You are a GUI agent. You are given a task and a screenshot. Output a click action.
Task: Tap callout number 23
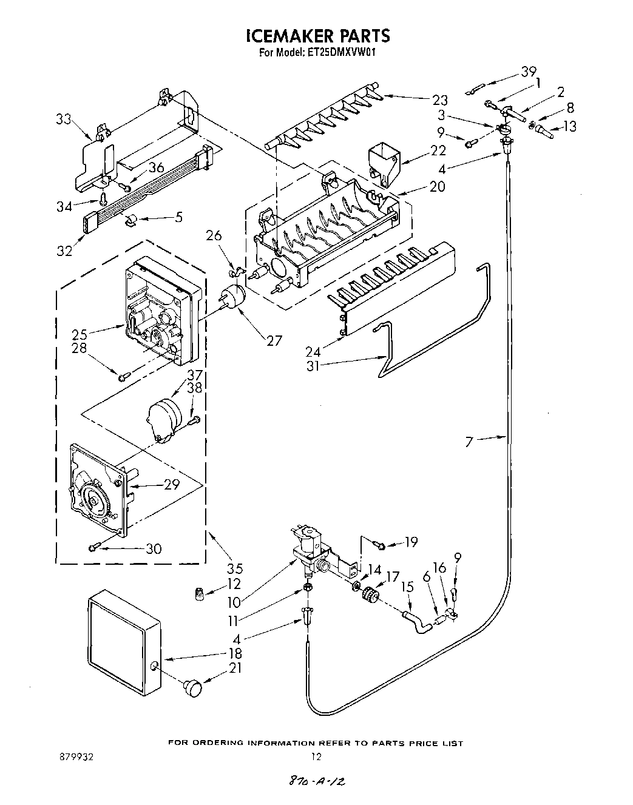tap(440, 100)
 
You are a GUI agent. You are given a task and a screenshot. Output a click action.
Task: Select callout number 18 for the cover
tap(234, 653)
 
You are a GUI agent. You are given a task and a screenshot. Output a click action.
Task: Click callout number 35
tap(234, 568)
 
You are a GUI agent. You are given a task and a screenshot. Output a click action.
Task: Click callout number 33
tap(64, 120)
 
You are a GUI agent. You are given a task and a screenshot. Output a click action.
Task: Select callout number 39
tap(528, 72)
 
